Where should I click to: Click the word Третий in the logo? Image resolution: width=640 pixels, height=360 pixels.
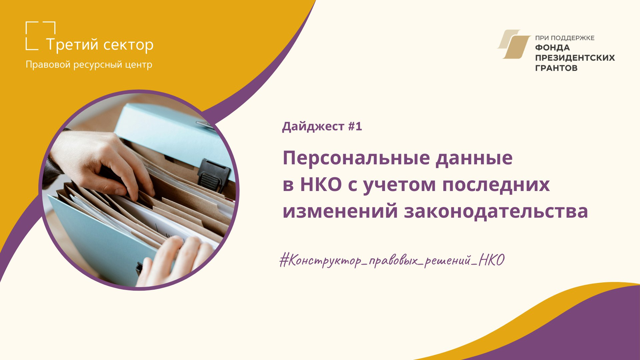pos(72,45)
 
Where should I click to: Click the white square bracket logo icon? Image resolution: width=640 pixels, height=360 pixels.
pos(40,36)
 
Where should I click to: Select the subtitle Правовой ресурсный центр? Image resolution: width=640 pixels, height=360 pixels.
pos(89,65)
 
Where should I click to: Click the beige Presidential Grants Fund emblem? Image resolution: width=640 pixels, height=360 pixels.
pos(514,44)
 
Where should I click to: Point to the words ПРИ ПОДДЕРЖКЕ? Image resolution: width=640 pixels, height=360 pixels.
pos(565,38)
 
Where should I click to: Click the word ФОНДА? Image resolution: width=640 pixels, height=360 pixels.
pos(552,48)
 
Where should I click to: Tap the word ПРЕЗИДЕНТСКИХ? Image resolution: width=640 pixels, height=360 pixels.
pos(575,58)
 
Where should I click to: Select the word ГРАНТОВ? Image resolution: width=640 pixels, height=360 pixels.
pos(556,68)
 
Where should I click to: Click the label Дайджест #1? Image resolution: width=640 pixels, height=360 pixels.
pos(322,127)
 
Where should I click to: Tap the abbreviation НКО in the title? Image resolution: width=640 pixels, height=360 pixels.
pos(321,184)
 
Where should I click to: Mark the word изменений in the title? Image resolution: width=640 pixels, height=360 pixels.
pos(340,211)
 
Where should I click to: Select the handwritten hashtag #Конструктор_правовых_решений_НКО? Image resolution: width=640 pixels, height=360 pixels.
pos(392,260)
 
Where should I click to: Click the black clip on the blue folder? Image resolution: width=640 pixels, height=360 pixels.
pos(214,175)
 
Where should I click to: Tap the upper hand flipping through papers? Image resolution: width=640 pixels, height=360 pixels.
pos(100,163)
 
